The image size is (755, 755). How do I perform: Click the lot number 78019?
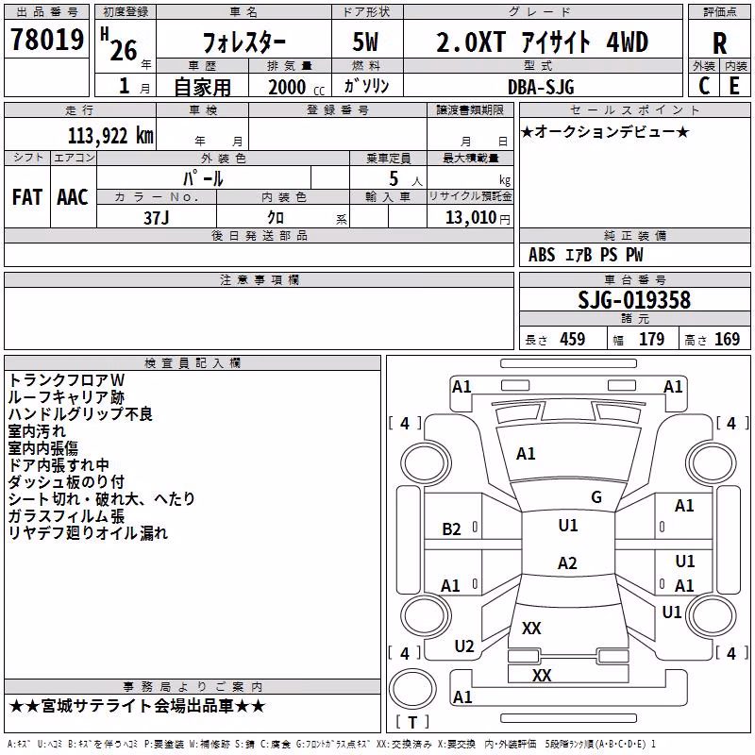47,39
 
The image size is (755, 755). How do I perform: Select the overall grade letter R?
719,43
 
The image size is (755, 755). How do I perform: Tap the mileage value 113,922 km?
110,136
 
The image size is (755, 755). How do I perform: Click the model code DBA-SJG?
541,87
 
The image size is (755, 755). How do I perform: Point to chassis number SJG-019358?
634,300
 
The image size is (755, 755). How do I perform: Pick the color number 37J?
157,218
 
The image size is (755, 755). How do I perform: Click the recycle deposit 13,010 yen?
478,218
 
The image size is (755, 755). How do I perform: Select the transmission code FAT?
27,197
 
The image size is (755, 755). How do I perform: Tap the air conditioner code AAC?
73,197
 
